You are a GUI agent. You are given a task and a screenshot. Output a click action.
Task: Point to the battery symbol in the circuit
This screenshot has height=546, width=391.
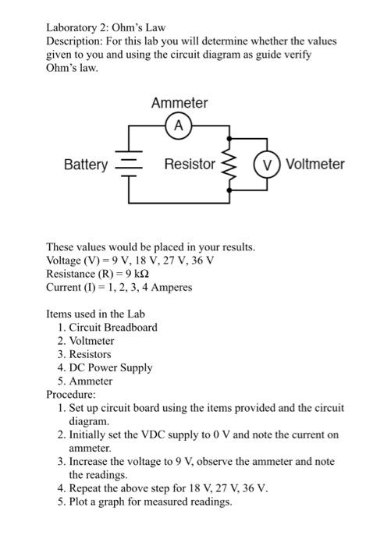click(129, 164)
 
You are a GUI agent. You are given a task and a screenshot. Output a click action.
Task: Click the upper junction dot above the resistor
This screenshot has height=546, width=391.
click(229, 139)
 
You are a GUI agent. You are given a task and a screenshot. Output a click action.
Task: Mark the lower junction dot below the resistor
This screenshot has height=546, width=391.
click(229, 190)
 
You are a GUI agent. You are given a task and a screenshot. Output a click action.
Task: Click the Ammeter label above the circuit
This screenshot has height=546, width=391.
click(180, 103)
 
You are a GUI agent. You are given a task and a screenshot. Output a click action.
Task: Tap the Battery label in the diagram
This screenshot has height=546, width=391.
click(86, 165)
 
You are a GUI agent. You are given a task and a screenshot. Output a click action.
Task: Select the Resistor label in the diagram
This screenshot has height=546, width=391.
click(190, 164)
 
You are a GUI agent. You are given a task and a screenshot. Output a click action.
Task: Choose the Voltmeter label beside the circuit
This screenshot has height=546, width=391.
click(315, 164)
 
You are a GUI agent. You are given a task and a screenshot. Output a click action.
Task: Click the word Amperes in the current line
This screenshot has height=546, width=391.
click(172, 288)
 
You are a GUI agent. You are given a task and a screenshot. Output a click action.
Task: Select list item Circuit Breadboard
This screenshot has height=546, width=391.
click(113, 328)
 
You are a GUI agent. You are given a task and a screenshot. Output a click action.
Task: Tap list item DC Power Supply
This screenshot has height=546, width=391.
click(111, 368)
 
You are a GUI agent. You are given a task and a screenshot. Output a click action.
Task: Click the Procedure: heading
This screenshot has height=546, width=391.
click(71, 394)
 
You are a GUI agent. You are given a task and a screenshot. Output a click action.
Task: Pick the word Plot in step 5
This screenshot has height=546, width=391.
click(79, 502)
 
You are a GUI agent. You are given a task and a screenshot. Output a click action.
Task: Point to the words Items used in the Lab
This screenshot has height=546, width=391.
click(95, 314)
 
